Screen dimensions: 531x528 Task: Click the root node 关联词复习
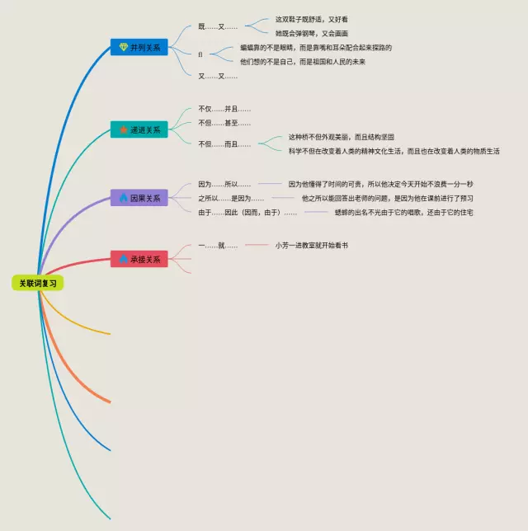(39, 283)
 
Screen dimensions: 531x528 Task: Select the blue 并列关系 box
(139, 47)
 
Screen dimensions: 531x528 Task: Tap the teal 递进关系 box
(139, 129)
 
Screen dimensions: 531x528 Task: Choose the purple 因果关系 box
(139, 198)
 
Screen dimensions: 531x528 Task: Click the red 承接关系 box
(139, 259)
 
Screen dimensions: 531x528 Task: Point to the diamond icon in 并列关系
(124, 47)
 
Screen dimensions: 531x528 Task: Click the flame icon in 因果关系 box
(124, 198)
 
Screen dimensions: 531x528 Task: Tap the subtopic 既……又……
(218, 26)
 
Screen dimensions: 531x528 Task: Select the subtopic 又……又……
(218, 76)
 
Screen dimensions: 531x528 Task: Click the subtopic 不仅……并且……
(224, 109)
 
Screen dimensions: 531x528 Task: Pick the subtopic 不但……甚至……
(224, 123)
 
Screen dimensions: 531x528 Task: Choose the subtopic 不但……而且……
(224, 144)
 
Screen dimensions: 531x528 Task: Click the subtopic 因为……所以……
(224, 184)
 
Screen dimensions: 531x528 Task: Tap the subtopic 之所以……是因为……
(231, 198)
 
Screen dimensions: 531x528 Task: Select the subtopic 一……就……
(218, 245)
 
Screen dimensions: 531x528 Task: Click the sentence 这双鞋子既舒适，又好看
(312, 19)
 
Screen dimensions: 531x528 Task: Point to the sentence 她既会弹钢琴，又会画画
(312, 33)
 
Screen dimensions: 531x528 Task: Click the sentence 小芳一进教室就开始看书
(312, 245)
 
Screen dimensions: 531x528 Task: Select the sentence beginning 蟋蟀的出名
(403, 213)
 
